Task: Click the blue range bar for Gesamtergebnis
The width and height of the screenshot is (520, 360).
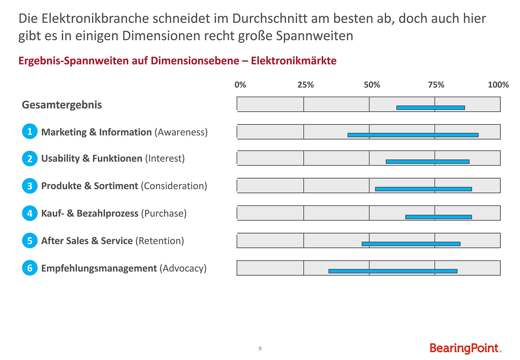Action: coord(430,108)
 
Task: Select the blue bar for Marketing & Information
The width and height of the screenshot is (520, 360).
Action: coord(413,135)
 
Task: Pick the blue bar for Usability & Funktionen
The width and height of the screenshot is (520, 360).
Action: coord(427,161)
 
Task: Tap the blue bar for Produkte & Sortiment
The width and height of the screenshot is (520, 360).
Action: coord(423,189)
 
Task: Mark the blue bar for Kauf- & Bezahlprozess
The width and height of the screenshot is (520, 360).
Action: coord(438,217)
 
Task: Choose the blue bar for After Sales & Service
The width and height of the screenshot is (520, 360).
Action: coord(411,244)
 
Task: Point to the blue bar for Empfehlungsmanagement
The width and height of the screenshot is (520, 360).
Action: coord(393,271)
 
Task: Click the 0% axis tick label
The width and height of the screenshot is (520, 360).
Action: coord(240,85)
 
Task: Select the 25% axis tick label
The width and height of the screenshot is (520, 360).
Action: coord(305,85)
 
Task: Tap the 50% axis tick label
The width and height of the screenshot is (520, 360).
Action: coord(372,85)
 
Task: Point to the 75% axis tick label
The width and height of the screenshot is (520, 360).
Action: coord(436,85)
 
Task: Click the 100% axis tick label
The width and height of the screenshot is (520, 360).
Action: coord(498,85)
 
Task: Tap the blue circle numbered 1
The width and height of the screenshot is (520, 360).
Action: coord(30,132)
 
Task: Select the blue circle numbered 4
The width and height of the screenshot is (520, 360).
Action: coord(30,213)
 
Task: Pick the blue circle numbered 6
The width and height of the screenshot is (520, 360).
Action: coord(30,268)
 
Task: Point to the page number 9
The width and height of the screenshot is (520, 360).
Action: coord(260,349)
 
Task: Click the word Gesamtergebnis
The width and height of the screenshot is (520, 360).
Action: coord(62,105)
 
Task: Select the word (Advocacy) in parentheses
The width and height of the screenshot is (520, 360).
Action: coord(183,268)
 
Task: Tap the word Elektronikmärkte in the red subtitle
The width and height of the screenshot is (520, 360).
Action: coord(293,61)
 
